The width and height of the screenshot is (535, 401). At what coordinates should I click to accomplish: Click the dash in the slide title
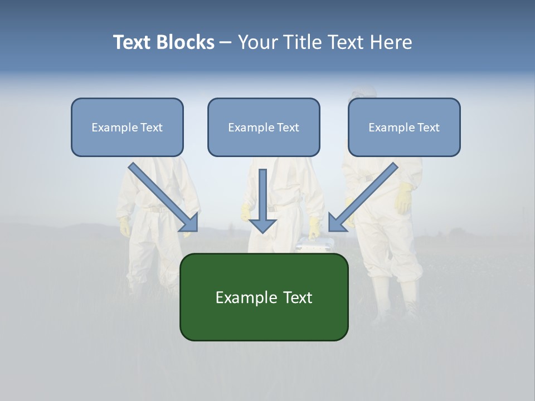click(x=226, y=43)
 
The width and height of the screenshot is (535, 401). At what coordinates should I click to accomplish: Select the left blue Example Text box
click(x=127, y=127)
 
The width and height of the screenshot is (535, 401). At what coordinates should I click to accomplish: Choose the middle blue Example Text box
click(x=264, y=127)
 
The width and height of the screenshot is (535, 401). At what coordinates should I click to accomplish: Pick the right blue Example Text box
click(x=404, y=127)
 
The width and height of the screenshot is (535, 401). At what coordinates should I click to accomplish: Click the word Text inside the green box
click(x=298, y=297)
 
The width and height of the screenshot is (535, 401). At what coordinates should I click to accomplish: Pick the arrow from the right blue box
click(x=362, y=198)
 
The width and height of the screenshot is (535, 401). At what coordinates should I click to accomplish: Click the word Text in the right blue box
click(x=428, y=128)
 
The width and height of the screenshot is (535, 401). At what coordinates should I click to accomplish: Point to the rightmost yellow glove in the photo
click(x=404, y=198)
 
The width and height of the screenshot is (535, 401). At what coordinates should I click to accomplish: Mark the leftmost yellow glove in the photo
click(x=124, y=226)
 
